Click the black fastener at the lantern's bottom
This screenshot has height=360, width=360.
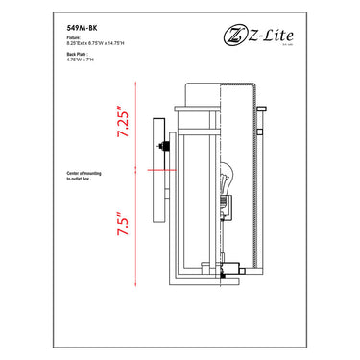[223, 274]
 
